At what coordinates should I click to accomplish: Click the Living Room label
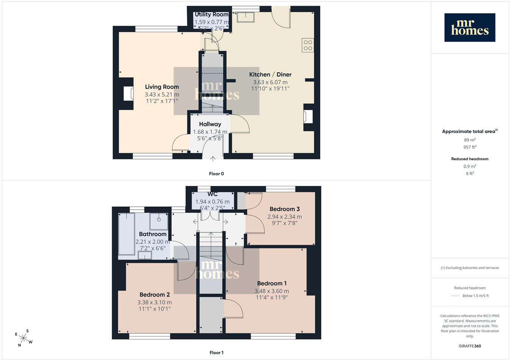pos(162,87)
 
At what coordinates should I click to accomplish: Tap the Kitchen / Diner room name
pos(270,74)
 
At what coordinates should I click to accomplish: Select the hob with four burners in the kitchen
pos(308,45)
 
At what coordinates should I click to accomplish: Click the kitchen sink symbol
pos(246,17)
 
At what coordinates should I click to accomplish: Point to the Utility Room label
pos(212,15)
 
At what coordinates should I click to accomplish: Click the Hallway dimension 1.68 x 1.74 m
pos(210,132)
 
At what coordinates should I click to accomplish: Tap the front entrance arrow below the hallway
pos(213,159)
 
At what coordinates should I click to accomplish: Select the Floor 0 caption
pos(217,174)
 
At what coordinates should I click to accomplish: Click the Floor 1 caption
pos(217,353)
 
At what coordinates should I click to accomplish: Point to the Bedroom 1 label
pos(272,284)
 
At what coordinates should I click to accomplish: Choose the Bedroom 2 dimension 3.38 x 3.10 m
pos(154,302)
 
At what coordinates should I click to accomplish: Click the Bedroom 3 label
pos(285,209)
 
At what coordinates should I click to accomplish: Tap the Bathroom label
pos(153,234)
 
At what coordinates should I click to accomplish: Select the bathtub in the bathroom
pos(126,234)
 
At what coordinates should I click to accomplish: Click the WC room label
pos(212,194)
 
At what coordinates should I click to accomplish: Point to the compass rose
pos(24,338)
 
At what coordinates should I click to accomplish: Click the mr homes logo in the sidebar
pos(470,28)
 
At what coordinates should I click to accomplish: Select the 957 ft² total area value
pos(470,147)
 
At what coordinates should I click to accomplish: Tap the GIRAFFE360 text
pos(470,346)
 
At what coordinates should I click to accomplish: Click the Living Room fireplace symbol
pos(128,93)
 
